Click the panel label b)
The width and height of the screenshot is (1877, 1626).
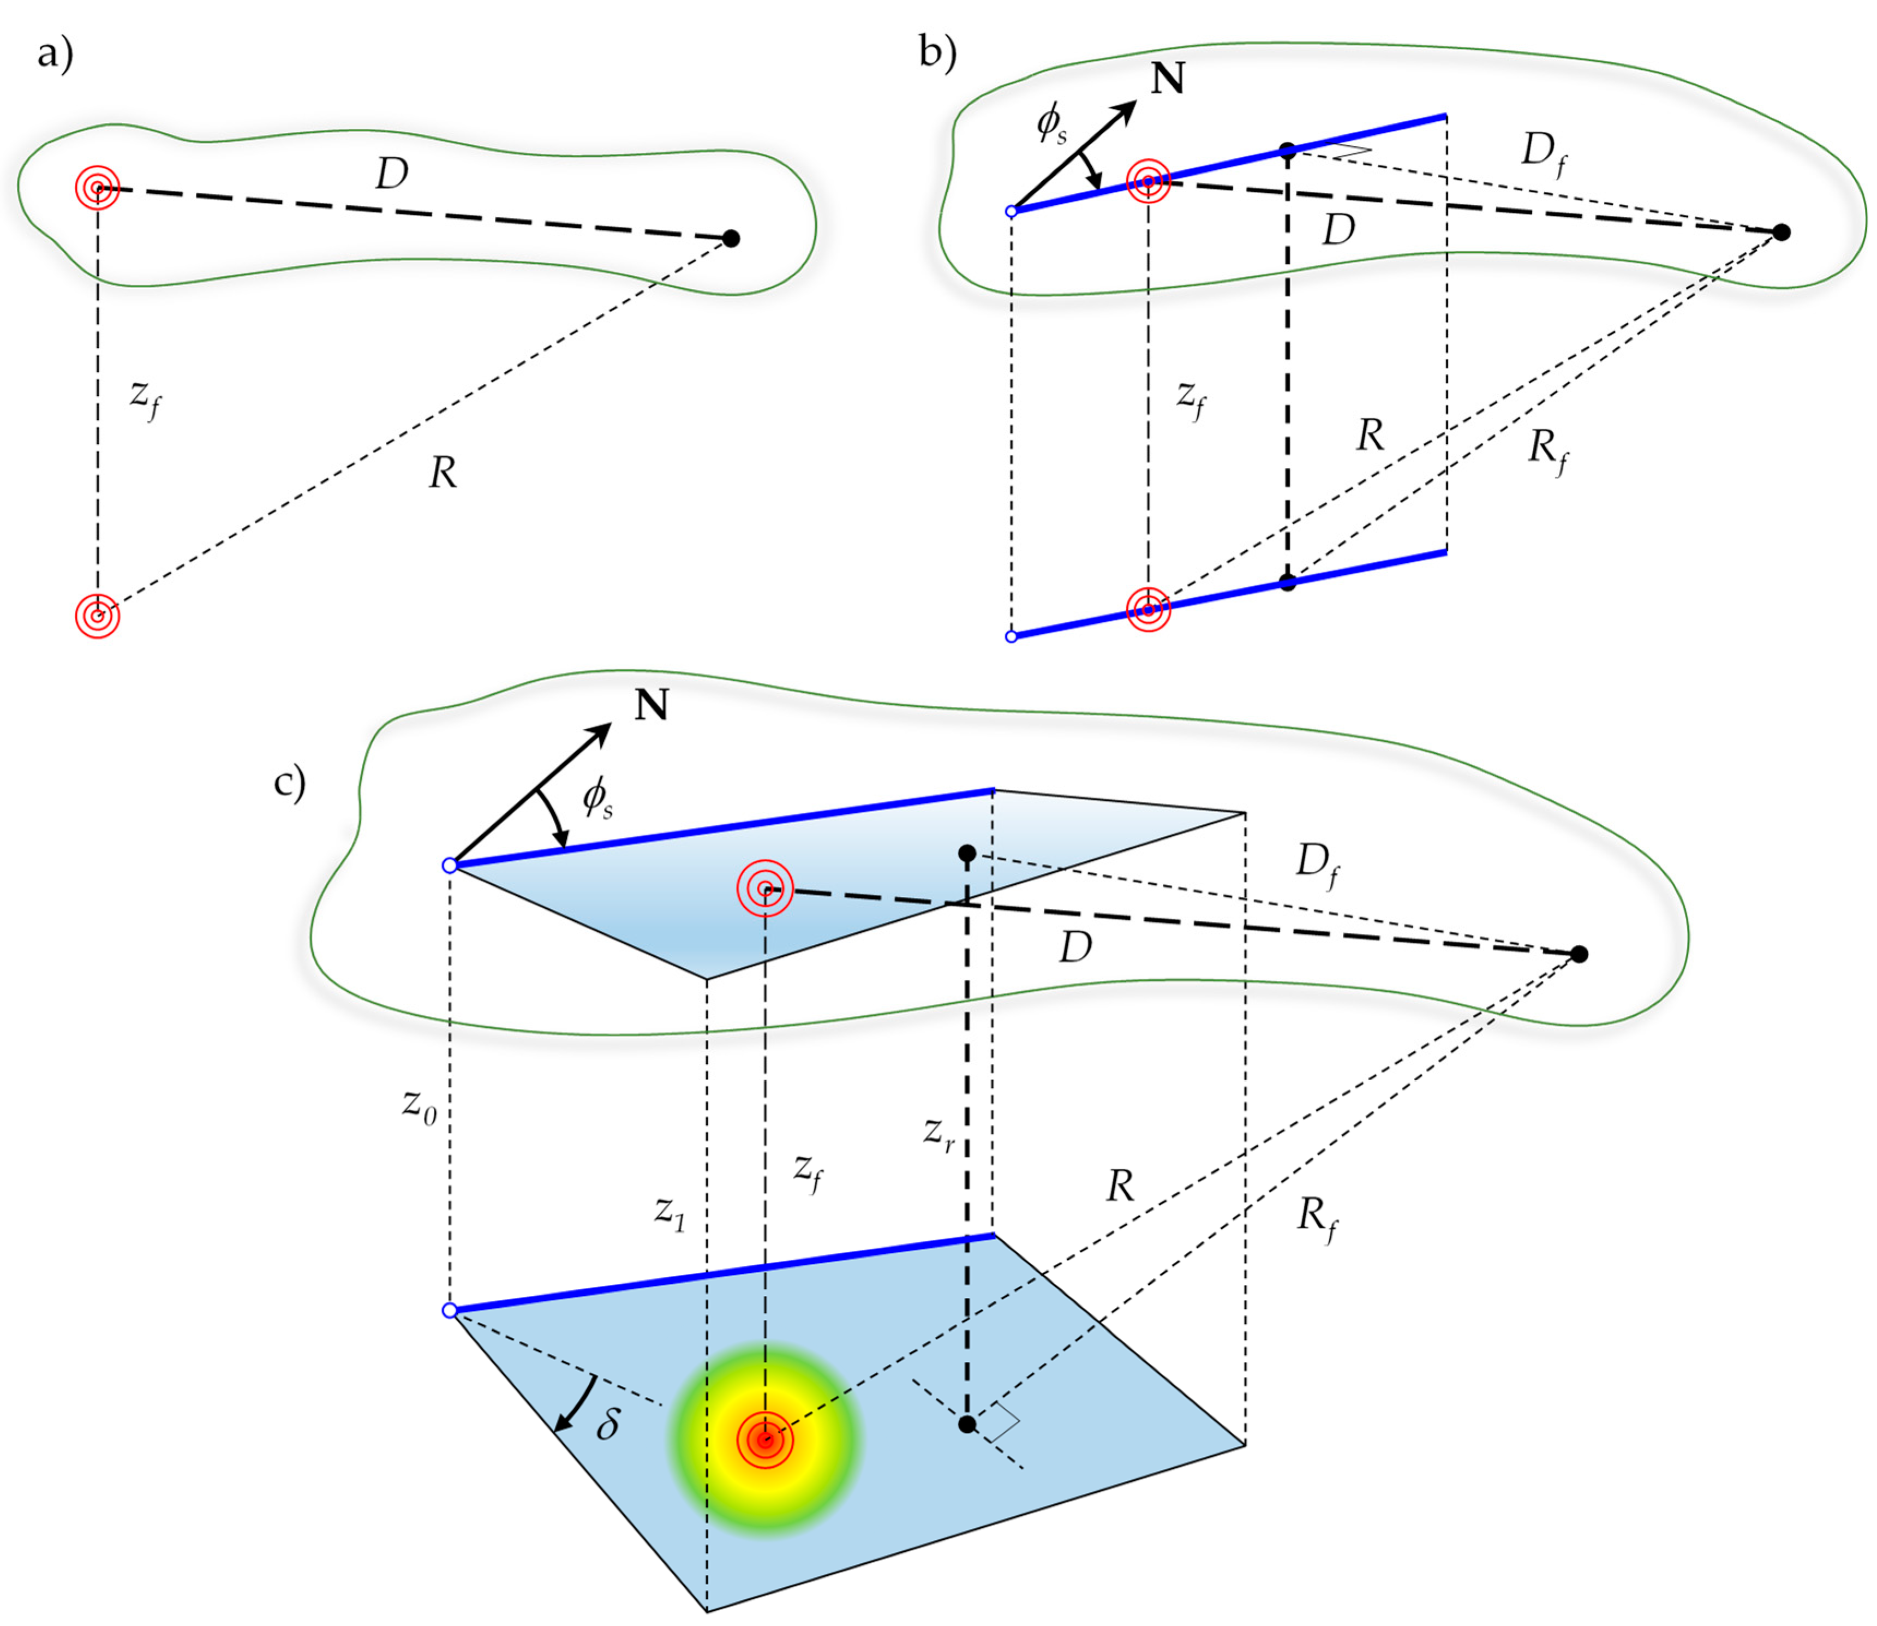937,52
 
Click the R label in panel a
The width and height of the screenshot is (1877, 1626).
443,472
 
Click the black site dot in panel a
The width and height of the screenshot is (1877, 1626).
731,239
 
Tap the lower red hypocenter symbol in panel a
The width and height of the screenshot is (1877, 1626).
97,616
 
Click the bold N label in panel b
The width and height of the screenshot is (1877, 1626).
1168,79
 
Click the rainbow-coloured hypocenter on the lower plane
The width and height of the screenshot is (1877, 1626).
766,1440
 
